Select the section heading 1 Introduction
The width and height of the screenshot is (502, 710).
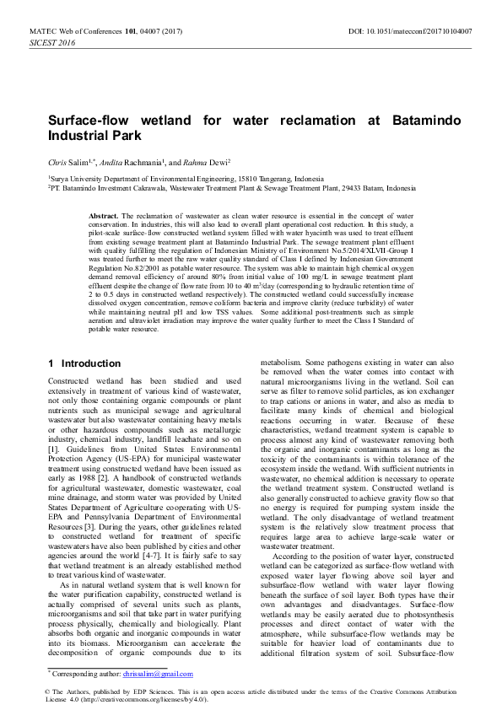pyautogui.click(x=84, y=363)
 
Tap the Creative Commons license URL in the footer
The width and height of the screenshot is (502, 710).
pyautogui.click(x=139, y=700)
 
